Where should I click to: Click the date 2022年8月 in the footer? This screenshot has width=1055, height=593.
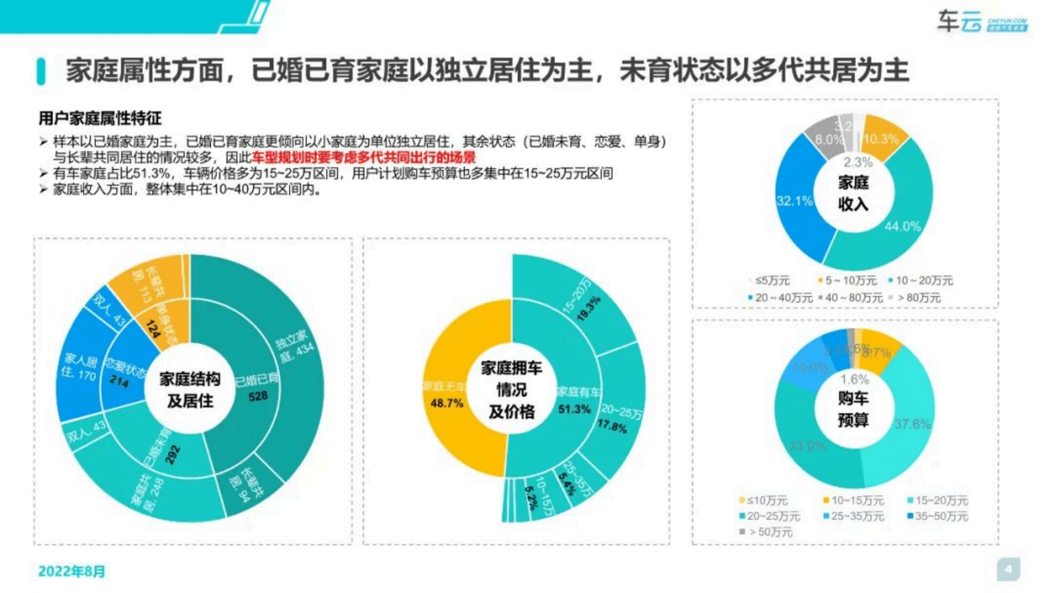click(72, 571)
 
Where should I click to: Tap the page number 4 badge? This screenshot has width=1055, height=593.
click(1008, 569)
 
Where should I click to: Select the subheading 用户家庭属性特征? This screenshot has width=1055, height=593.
click(100, 118)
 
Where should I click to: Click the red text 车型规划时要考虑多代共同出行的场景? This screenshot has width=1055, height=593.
click(363, 157)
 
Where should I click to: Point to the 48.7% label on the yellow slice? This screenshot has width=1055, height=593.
click(446, 404)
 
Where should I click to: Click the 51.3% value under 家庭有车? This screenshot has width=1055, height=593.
click(574, 409)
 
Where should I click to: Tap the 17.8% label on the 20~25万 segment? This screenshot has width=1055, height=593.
click(612, 426)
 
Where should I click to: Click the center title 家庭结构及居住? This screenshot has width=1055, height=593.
click(190, 390)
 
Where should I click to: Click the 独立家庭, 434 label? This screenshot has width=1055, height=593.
click(295, 346)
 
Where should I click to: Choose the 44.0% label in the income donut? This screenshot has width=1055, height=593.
click(902, 226)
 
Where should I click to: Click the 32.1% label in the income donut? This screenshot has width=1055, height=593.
click(794, 201)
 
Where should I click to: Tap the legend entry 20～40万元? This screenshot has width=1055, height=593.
click(780, 298)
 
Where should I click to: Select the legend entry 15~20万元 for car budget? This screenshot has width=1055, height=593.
click(938, 500)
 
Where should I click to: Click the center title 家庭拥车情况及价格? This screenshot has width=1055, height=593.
click(511, 390)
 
